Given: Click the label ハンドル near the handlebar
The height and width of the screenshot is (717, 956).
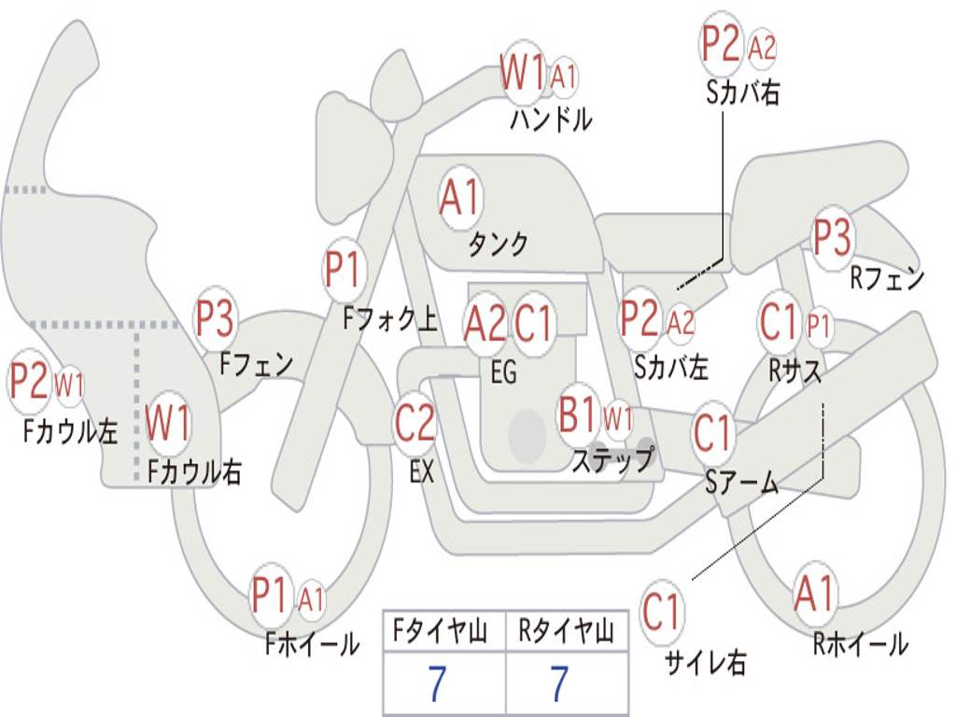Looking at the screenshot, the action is [551, 119].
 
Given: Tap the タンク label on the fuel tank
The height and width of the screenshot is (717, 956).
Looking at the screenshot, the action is [499, 245].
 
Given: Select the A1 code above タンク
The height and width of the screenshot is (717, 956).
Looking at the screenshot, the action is [461, 197].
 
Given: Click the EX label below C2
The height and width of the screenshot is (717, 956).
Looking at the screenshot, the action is [422, 471].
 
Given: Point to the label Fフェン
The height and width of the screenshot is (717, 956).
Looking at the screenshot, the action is [256, 364].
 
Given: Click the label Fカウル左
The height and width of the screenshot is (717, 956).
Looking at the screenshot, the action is [70, 431].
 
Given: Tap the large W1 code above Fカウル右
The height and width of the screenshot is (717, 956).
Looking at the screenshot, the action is [168, 422].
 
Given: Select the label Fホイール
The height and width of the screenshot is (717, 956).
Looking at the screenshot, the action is [312, 644].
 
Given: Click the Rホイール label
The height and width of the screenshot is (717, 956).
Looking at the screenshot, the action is [861, 644].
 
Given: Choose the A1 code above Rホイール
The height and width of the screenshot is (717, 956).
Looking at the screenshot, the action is [814, 593].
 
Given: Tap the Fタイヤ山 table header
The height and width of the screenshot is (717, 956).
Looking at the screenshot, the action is [441, 631].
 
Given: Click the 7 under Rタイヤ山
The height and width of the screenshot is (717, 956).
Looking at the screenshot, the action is [560, 683].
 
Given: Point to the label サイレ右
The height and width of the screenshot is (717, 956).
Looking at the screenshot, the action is [706, 662].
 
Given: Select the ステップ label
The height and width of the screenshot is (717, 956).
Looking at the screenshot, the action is [612, 459].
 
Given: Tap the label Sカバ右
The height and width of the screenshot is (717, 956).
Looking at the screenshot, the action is [742, 92].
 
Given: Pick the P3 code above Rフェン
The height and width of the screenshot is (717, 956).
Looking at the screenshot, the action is [832, 237].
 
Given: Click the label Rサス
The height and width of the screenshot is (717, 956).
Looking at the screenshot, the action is [794, 371].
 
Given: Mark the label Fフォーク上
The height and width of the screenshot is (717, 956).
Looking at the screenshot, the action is [390, 318].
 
